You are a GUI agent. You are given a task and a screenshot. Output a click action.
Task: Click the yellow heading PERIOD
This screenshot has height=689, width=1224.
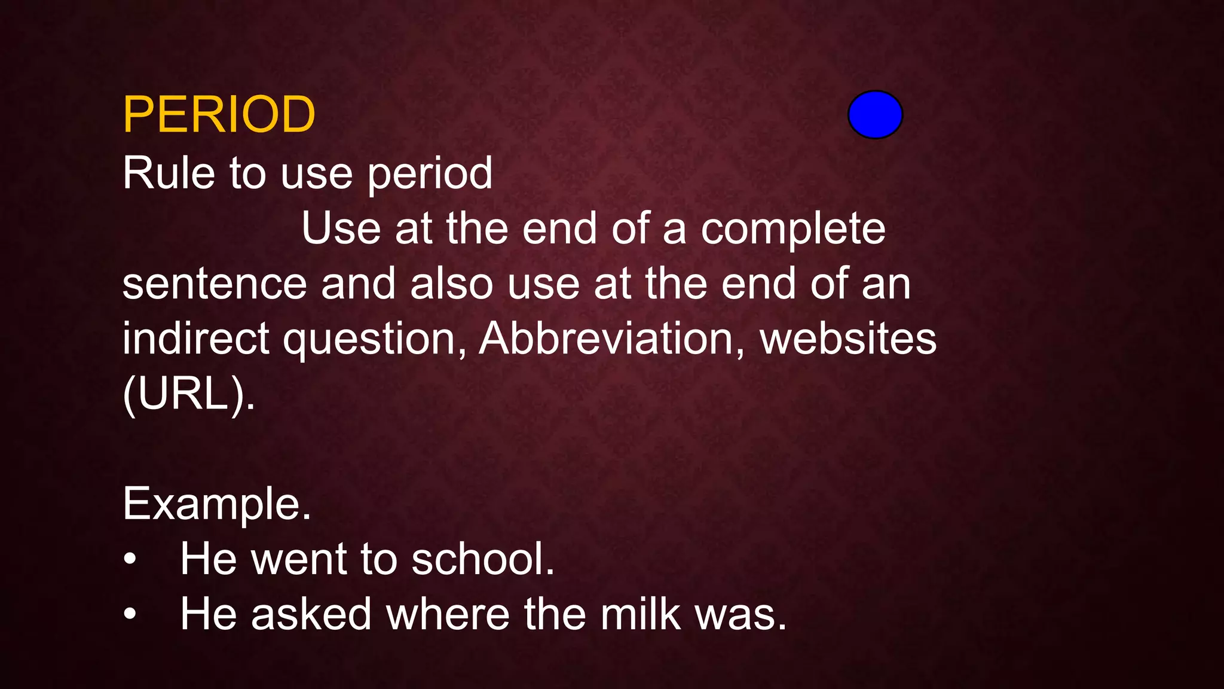point(219,114)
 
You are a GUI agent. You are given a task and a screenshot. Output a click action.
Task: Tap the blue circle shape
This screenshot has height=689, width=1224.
point(875,115)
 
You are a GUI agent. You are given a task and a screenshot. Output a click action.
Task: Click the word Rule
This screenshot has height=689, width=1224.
point(169,173)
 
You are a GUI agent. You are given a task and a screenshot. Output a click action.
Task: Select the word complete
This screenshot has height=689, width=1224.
point(792,229)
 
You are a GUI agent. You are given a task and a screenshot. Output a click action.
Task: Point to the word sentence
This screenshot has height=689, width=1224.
point(215,284)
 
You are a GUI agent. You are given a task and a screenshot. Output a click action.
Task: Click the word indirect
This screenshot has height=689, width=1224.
point(195,339)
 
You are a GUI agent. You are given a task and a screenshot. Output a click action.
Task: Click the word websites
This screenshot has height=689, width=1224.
point(847,339)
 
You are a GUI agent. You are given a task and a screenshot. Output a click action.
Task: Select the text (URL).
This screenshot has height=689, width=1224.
point(189,395)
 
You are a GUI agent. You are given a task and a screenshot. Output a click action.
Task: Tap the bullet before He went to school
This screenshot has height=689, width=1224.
point(130,560)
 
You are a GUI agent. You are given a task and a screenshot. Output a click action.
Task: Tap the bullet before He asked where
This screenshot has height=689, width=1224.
point(130,614)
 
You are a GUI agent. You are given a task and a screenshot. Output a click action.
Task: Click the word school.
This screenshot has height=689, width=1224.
point(483,559)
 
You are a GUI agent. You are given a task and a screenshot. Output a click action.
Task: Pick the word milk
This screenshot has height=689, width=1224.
point(640,614)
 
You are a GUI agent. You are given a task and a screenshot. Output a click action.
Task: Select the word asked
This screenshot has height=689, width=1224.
point(311,614)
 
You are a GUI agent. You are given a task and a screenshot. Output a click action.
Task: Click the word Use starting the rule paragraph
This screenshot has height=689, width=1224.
point(341,229)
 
